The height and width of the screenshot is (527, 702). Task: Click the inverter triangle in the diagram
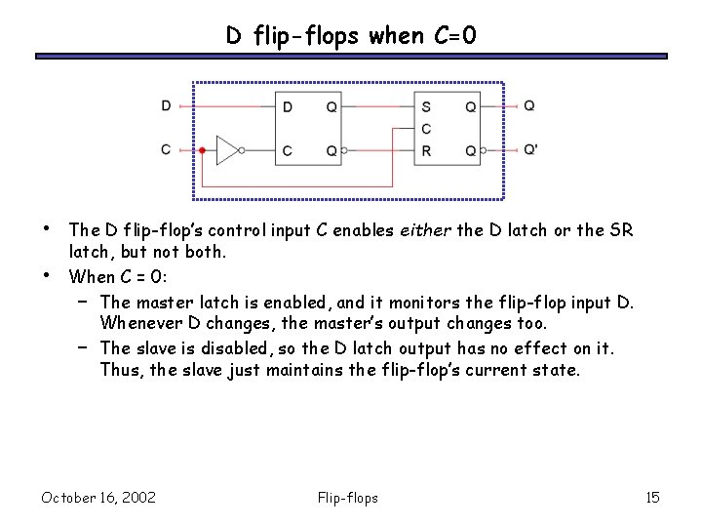pyautogui.click(x=227, y=150)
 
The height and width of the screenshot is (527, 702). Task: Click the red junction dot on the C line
pyautogui.click(x=201, y=150)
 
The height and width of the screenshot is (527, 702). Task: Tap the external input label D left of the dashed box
pyautogui.click(x=166, y=105)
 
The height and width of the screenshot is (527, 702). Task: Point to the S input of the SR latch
pyautogui.click(x=425, y=106)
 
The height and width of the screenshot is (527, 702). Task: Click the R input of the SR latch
pyautogui.click(x=425, y=150)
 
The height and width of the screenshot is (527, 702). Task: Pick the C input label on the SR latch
pyautogui.click(x=425, y=129)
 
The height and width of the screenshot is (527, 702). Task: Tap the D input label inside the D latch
pyautogui.click(x=287, y=106)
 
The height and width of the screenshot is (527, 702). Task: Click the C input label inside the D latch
pyautogui.click(x=287, y=150)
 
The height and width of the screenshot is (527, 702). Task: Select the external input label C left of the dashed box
pyautogui.click(x=166, y=149)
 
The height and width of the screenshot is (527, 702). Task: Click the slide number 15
pyautogui.click(x=652, y=499)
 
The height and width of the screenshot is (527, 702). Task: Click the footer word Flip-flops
pyautogui.click(x=348, y=499)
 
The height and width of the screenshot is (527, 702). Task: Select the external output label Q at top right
pyautogui.click(x=528, y=105)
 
